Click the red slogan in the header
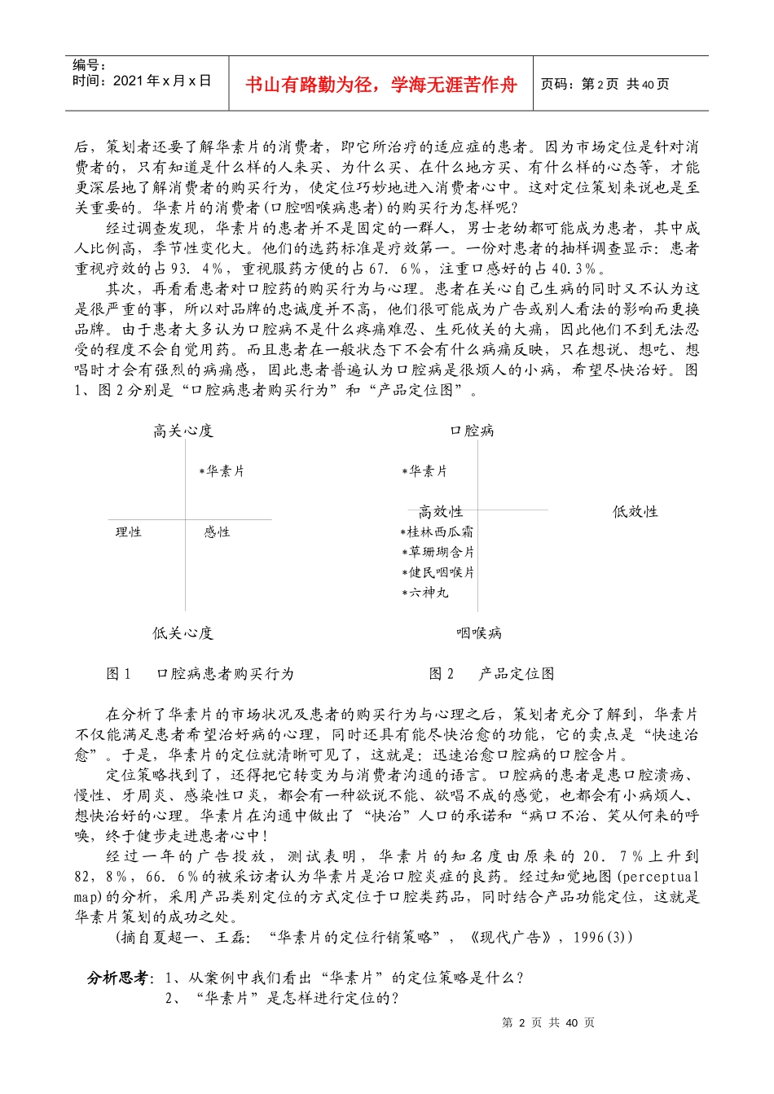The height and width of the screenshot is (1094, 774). [x=381, y=85]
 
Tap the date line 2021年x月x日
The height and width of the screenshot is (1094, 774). [x=142, y=81]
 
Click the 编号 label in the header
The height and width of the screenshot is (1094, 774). [x=90, y=65]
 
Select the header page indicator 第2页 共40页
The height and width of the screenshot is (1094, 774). [x=605, y=85]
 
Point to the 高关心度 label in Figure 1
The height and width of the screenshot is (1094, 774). [x=183, y=431]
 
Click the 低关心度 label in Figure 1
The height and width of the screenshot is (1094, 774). [x=183, y=633]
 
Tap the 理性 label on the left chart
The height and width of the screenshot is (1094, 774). [x=129, y=532]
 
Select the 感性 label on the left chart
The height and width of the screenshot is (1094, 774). [x=217, y=532]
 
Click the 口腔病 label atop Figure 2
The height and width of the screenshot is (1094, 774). [x=473, y=431]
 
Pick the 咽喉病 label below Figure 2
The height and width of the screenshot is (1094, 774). [x=479, y=633]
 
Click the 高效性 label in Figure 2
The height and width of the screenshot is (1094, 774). [x=441, y=512]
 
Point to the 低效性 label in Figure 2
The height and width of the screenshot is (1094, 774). [x=635, y=512]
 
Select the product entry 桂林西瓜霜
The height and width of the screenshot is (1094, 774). [x=438, y=532]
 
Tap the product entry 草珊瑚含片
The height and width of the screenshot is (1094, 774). [x=438, y=553]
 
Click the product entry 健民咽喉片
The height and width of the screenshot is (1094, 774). [x=438, y=573]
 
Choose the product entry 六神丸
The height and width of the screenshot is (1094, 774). [x=425, y=593]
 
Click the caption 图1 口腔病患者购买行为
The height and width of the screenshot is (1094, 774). [x=200, y=674]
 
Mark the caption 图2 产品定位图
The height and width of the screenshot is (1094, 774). [x=492, y=674]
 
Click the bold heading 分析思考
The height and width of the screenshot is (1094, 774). [x=119, y=978]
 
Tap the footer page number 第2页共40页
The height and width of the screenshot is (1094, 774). [x=548, y=1023]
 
